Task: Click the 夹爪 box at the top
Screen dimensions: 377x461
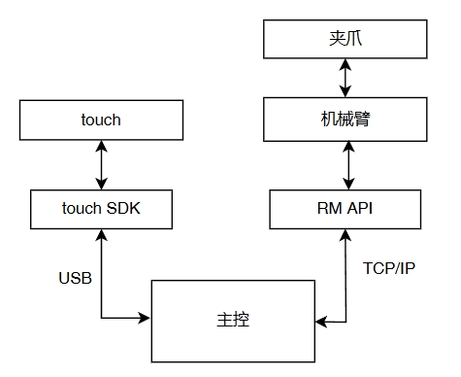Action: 345,40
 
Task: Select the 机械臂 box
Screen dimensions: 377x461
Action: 345,121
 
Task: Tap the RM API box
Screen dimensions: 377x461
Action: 345,208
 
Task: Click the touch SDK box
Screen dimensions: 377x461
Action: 102,208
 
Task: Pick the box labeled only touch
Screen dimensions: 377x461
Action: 102,120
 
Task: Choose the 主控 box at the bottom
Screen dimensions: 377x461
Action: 234,319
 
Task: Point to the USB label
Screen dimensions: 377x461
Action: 75,278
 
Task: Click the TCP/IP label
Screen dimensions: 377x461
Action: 388,266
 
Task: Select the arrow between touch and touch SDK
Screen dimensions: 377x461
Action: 102,164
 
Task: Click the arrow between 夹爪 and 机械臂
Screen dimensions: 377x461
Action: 345,81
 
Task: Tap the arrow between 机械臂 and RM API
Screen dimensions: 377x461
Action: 345,164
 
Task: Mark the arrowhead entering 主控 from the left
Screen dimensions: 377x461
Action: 145,318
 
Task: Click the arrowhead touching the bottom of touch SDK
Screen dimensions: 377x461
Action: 102,234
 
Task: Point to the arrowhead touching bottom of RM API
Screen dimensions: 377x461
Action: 345,234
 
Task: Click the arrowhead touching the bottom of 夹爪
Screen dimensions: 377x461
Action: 345,64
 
